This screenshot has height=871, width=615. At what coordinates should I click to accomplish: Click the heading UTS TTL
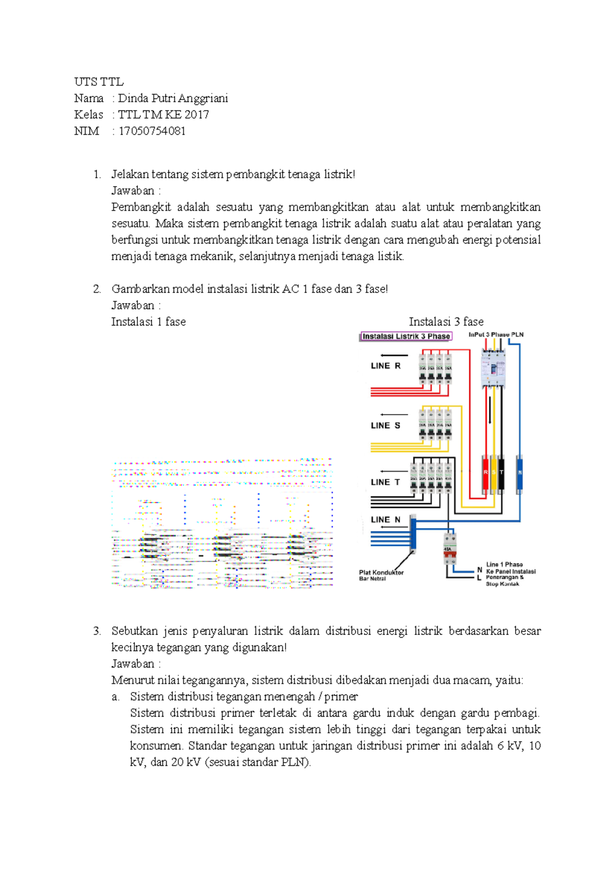point(98,82)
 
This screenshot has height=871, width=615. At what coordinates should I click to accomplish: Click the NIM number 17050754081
point(152,131)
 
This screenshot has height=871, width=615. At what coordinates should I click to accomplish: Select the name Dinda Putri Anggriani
point(173,98)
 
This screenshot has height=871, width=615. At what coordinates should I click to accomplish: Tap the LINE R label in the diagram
point(385,366)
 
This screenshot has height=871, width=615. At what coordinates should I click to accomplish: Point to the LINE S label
point(385,426)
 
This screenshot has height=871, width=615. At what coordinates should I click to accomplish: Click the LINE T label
point(385,482)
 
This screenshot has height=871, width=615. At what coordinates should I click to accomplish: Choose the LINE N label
point(385,520)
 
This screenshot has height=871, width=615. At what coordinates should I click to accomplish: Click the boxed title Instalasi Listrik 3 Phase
point(406,336)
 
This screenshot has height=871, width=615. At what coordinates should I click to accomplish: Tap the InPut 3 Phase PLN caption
point(496,334)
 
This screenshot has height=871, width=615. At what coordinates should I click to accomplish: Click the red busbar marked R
point(485,473)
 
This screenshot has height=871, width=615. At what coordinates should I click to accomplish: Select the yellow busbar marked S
point(494,473)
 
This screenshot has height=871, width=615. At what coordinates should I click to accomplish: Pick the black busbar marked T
point(501,473)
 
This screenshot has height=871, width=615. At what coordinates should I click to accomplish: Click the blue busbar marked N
point(520,473)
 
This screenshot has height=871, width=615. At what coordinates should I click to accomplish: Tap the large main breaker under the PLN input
point(493,368)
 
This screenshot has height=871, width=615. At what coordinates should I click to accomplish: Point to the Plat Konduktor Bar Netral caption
point(381,575)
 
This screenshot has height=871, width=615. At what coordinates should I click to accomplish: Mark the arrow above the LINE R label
point(394,355)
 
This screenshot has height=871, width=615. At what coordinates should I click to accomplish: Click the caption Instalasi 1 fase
point(148,322)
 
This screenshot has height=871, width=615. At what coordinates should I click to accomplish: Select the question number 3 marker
point(97,631)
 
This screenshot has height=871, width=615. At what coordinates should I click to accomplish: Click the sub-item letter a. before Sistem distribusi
point(116,697)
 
